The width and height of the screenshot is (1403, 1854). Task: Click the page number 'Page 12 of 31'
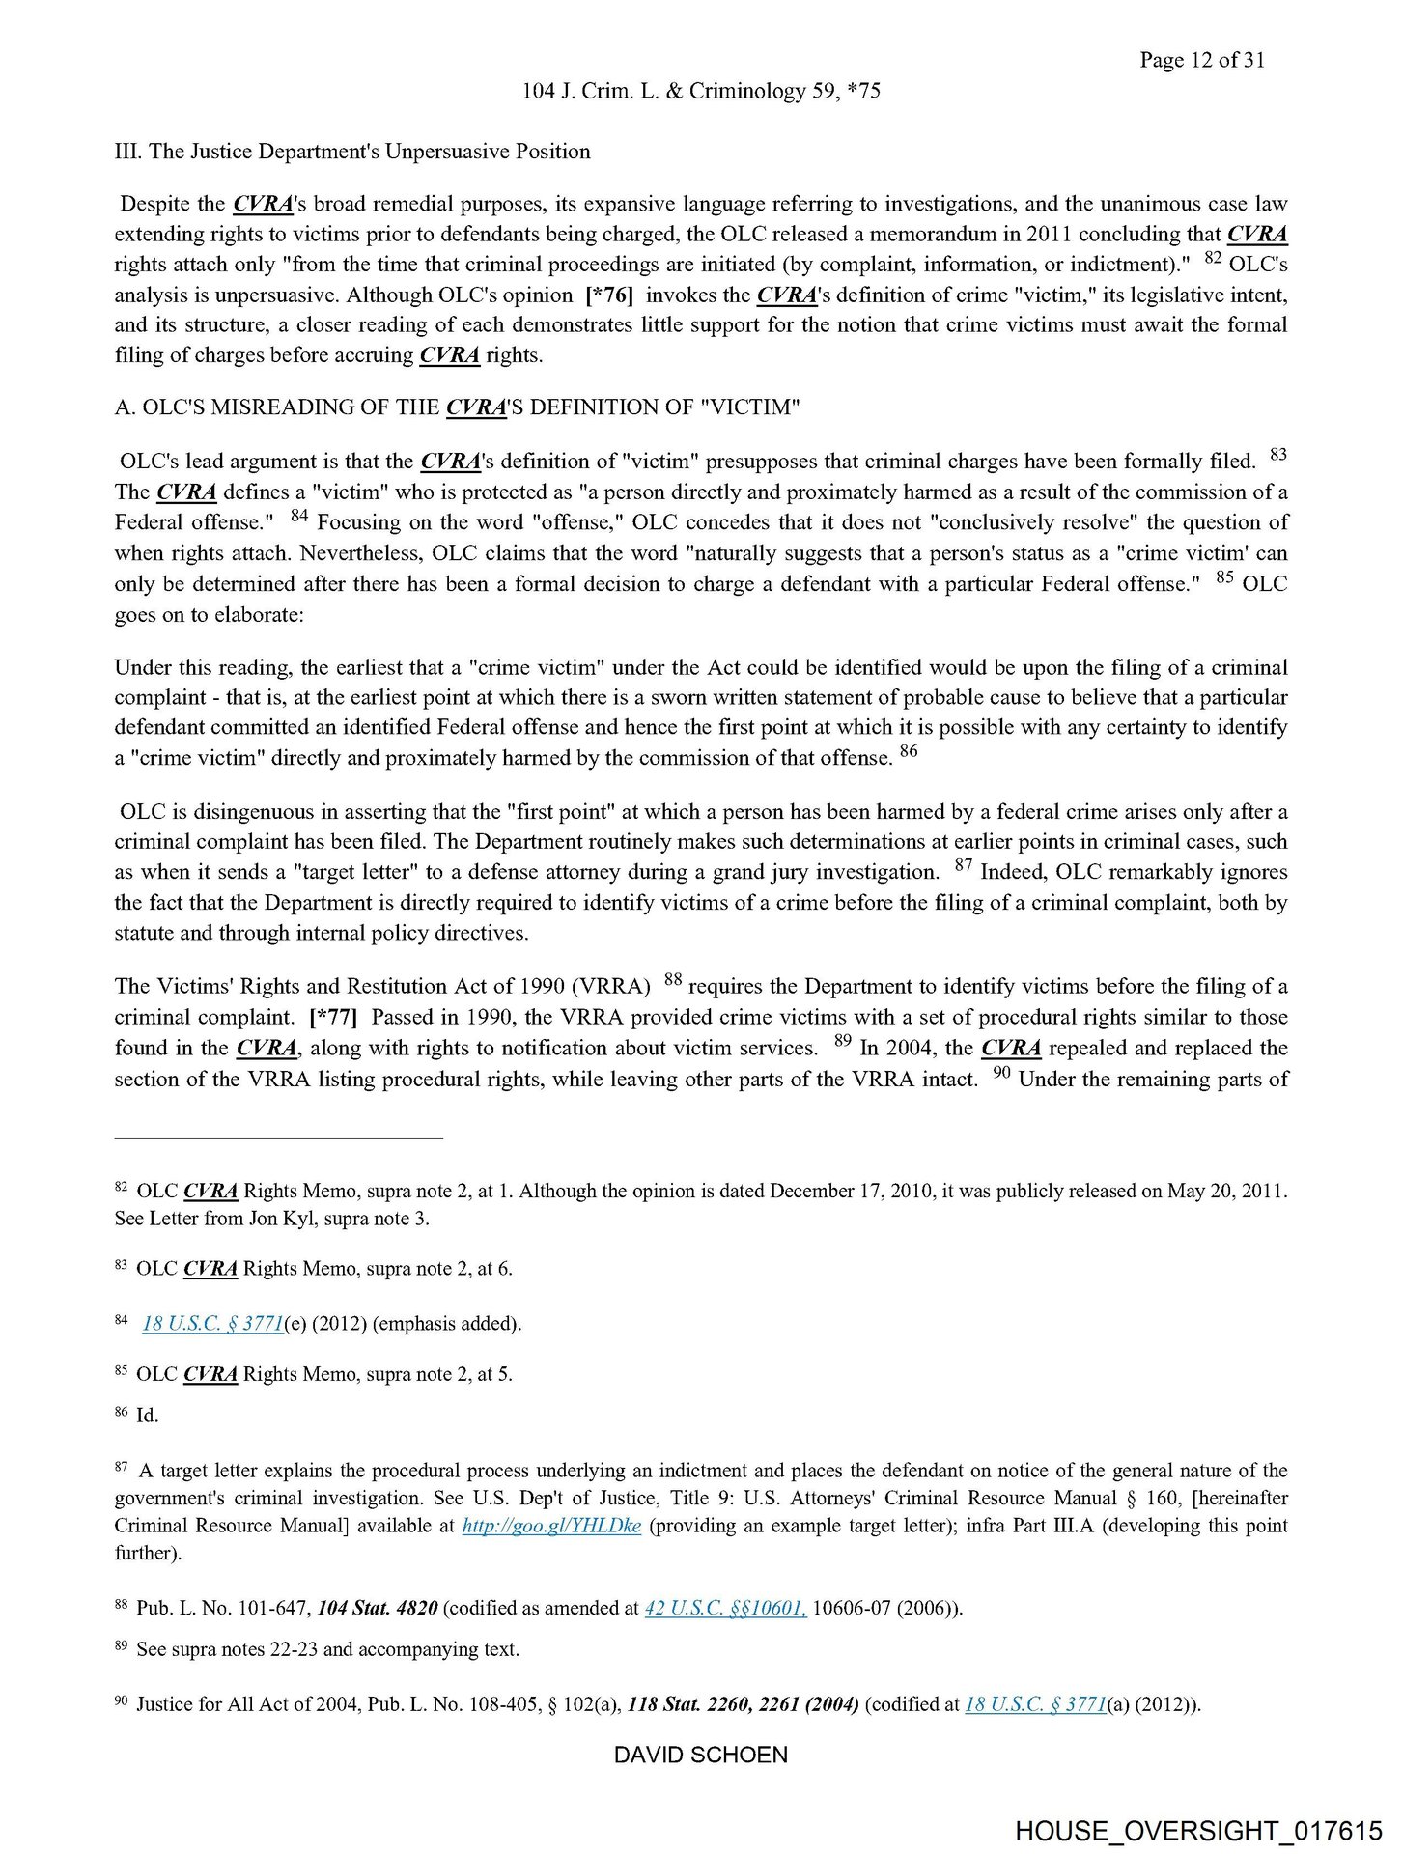tap(1201, 60)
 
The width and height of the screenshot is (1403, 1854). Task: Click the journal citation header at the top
tap(701, 91)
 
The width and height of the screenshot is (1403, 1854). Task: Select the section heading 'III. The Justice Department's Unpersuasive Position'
tap(352, 152)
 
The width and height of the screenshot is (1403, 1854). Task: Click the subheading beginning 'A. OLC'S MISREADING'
tap(457, 407)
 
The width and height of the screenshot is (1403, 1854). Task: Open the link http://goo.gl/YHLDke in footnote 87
tap(551, 1526)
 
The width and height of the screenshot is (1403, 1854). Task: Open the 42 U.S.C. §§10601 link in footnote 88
tap(724, 1608)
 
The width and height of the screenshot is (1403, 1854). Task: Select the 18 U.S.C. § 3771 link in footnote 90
tap(1035, 1704)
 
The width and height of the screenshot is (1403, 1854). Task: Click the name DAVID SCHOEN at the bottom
tap(701, 1755)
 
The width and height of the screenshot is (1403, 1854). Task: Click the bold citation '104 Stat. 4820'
tap(378, 1608)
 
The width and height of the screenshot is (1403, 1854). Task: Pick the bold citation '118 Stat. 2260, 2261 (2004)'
tap(743, 1704)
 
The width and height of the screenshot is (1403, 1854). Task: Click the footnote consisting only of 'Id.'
tap(147, 1416)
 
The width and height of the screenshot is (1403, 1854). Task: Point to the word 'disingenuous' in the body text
tap(236, 811)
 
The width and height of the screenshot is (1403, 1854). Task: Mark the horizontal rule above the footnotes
tap(278, 1138)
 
